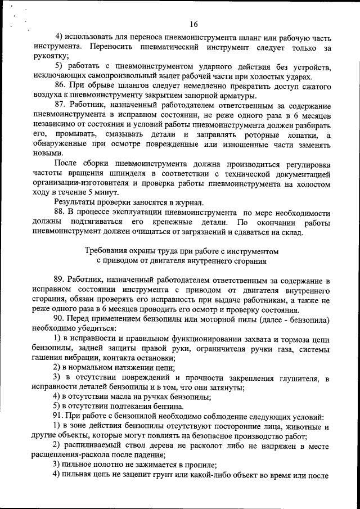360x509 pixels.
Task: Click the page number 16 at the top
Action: click(x=194, y=24)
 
